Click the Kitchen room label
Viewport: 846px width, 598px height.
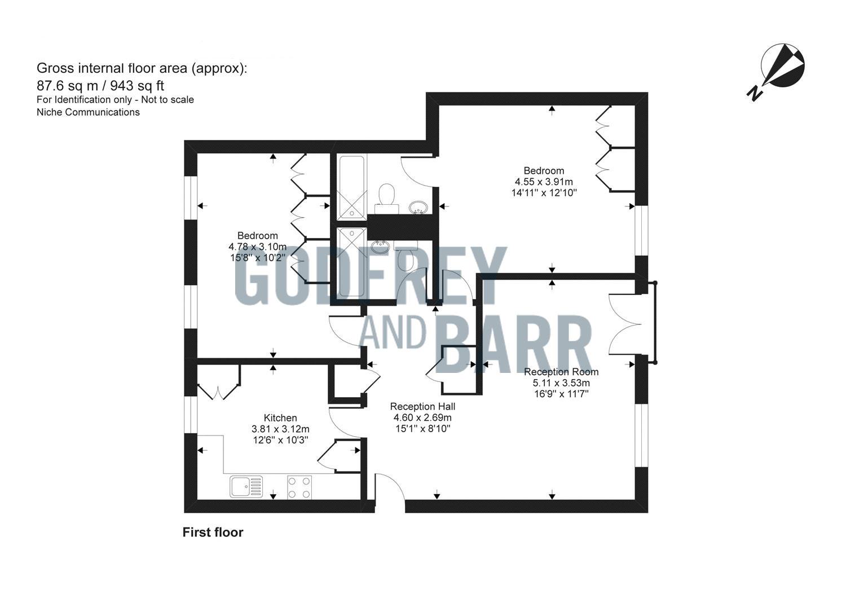pos(280,418)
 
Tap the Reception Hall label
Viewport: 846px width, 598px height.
pos(422,406)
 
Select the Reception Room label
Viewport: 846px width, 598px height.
pos(561,372)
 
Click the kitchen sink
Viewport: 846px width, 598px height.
pos(246,486)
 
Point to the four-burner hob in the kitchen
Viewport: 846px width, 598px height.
pos(300,486)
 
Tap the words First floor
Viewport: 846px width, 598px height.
pos(213,532)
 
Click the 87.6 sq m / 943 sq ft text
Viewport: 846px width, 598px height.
pos(100,85)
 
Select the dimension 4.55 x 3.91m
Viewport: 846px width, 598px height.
pos(544,182)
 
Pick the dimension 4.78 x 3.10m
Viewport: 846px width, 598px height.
pos(257,247)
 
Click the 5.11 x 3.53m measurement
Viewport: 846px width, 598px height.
pos(561,383)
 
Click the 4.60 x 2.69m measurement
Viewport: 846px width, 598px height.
pos(422,417)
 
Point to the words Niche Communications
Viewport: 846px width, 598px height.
pos(88,112)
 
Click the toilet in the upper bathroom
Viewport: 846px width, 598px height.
pos(387,196)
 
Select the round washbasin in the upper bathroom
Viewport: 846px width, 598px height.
pos(417,207)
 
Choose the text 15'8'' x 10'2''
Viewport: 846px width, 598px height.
pos(257,257)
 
